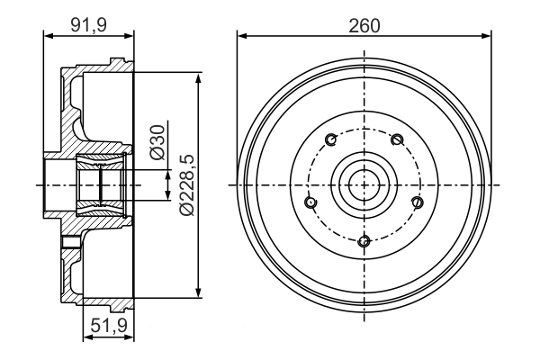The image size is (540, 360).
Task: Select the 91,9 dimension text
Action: coord(89,25)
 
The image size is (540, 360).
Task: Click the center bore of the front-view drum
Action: coord(364,184)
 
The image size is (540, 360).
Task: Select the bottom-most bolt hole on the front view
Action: coord(364,240)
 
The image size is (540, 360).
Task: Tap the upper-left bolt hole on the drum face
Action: coord(331,139)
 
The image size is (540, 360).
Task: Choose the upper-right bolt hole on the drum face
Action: coord(397,139)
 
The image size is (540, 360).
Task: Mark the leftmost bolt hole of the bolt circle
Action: coord(311,202)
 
